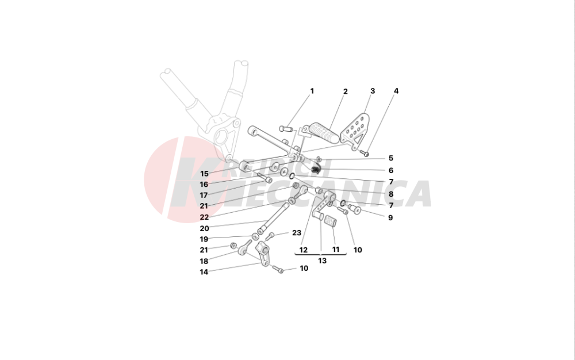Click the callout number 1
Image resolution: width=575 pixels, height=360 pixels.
click(312, 91)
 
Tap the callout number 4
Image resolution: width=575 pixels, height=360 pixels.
click(396, 91)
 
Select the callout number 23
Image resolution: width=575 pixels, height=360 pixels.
click(297, 233)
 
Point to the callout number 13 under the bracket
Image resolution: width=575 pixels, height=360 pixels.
click(322, 261)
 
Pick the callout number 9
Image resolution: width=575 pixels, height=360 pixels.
click(390, 218)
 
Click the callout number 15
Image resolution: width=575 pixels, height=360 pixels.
click(204, 174)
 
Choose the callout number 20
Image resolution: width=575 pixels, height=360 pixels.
click(204, 228)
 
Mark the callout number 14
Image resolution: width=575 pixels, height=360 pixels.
click(204, 272)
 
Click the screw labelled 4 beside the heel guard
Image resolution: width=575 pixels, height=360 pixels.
click(365, 154)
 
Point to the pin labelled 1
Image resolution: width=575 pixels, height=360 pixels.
click(285, 129)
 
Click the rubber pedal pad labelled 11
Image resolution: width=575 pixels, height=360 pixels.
click(331, 223)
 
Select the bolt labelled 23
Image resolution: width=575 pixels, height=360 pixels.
click(270, 236)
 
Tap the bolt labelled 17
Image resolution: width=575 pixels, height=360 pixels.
click(264, 178)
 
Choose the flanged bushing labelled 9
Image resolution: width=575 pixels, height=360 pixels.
click(355, 209)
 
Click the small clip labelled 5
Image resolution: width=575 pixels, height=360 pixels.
click(319, 159)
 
